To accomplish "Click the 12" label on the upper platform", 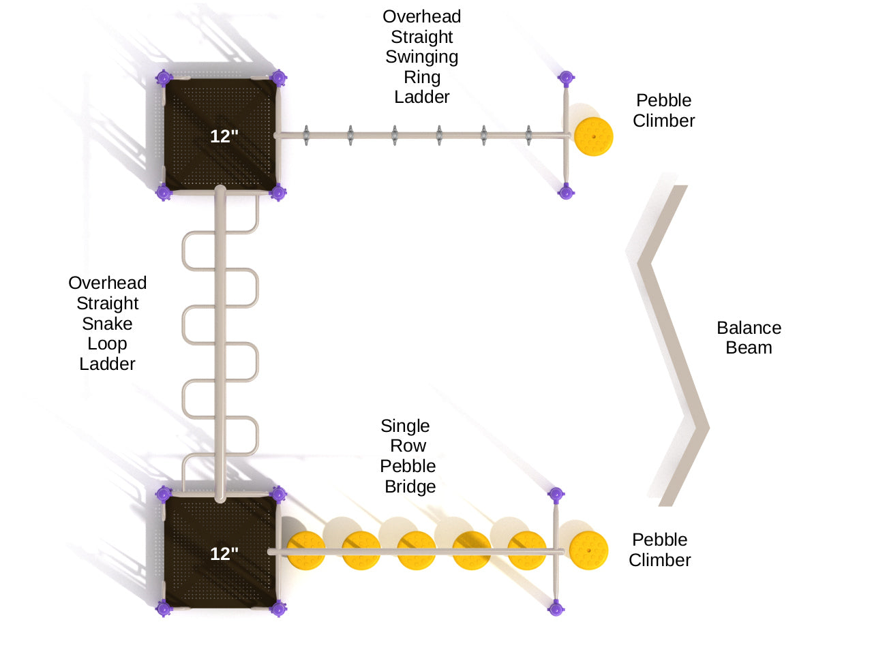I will [224, 136].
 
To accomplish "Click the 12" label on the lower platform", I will [224, 554].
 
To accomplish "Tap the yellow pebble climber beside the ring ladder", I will [593, 136].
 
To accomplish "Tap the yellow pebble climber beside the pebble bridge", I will [588, 550].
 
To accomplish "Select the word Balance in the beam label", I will [749, 328].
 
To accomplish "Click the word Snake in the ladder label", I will [107, 324].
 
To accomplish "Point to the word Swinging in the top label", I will [421, 57].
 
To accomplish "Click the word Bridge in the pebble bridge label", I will [410, 486].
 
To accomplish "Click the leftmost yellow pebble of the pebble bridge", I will [306, 550].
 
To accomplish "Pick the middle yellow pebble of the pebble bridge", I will [417, 550].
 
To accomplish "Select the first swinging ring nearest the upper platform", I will [306, 135].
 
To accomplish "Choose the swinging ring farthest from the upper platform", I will [528, 135].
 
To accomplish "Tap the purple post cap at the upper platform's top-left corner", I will [164, 78].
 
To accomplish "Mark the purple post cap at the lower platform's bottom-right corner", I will [278, 608].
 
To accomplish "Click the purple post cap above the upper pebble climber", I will [566, 78].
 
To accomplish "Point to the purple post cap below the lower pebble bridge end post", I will [556, 608].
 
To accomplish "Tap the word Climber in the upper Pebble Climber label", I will [663, 121].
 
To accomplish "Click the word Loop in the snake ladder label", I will [107, 343].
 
